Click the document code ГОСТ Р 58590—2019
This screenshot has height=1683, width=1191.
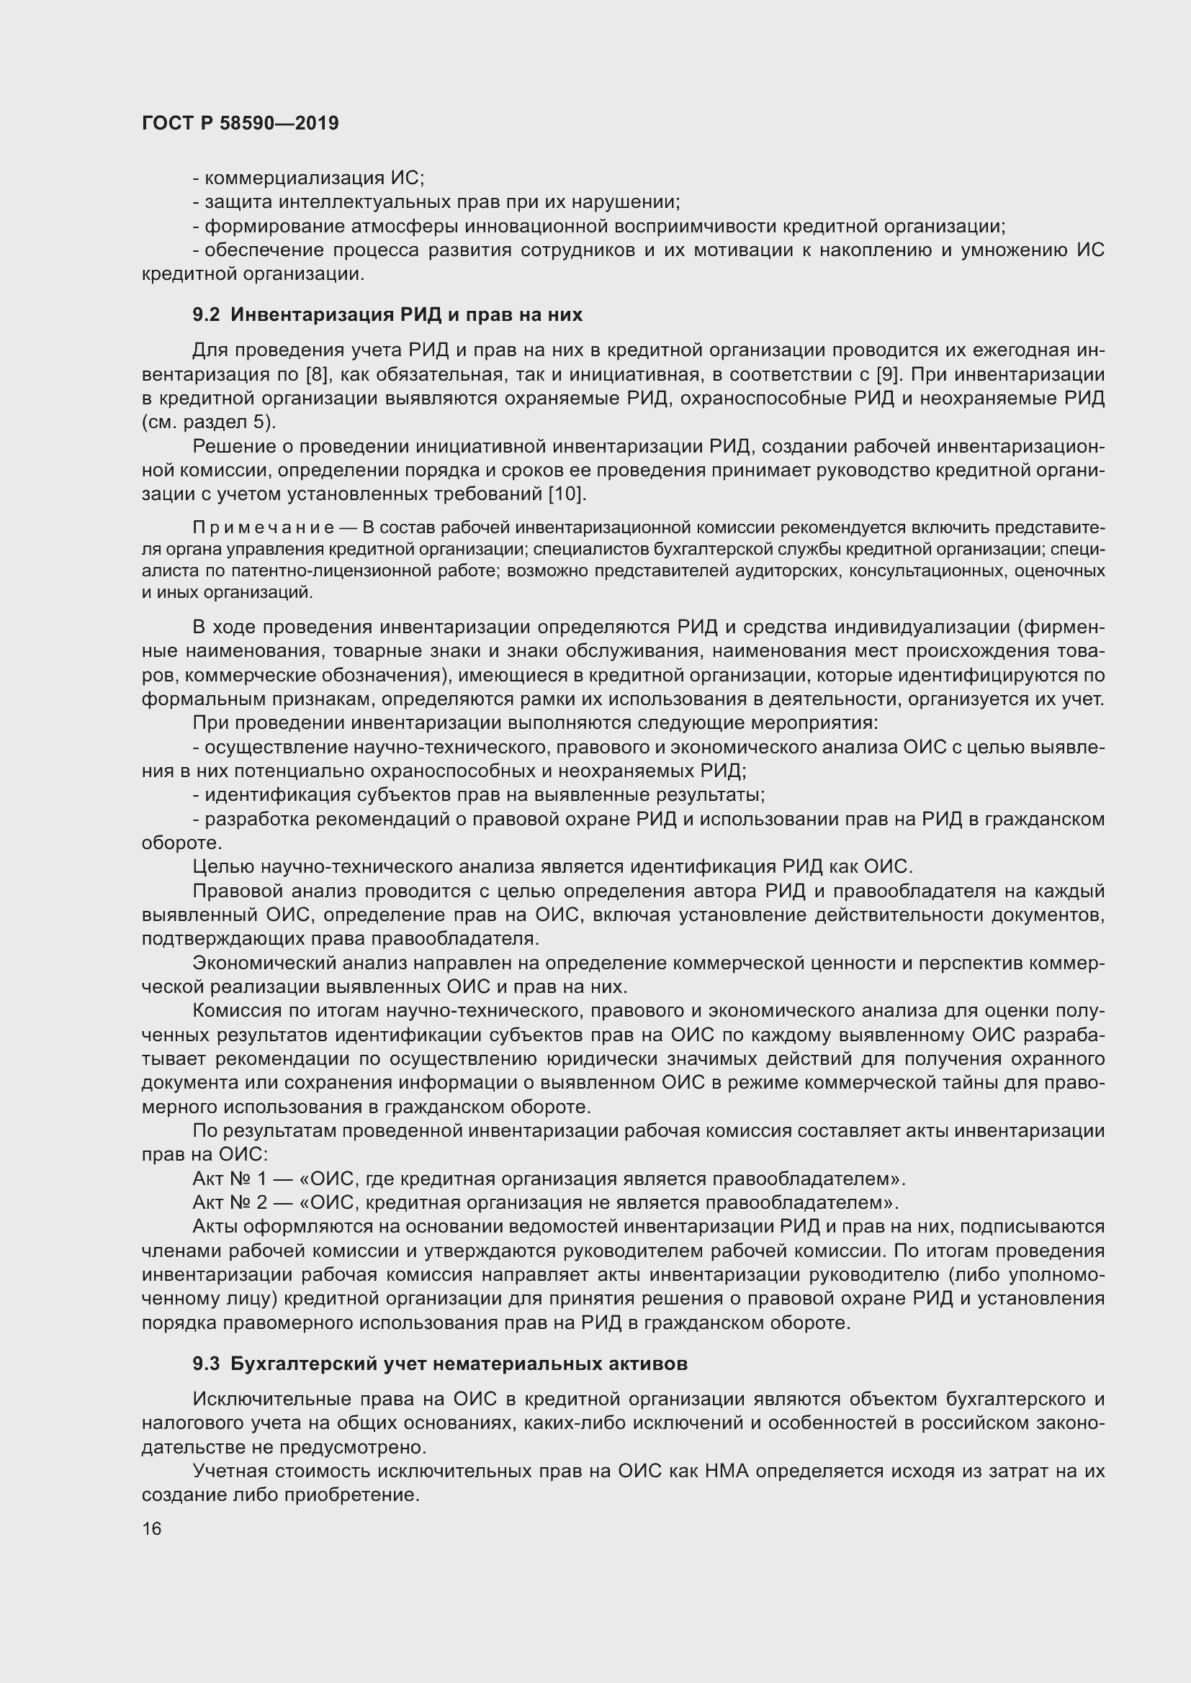pos(240,123)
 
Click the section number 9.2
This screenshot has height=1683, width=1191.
pos(206,314)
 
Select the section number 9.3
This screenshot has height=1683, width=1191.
pos(206,1364)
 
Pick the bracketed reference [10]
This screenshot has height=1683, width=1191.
pos(567,494)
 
